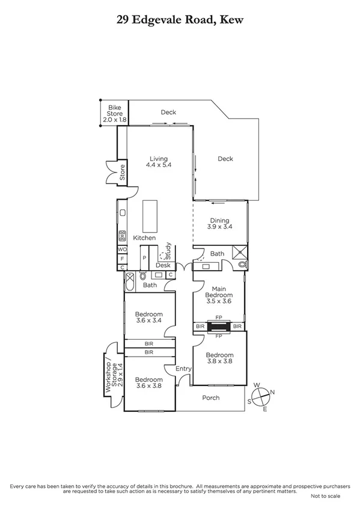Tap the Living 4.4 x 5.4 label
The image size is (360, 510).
[159, 162]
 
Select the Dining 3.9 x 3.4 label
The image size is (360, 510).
[219, 224]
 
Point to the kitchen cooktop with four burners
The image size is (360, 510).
[122, 235]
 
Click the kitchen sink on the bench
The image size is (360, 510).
[122, 212]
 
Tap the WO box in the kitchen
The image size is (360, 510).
[122, 248]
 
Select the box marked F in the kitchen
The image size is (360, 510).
[122, 258]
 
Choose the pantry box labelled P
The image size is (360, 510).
[144, 259]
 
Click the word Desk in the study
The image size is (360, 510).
[163, 265]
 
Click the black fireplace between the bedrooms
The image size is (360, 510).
[219, 326]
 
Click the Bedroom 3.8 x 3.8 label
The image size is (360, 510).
[219, 358]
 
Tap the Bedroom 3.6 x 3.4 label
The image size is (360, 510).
[148, 318]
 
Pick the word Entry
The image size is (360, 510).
[183, 369]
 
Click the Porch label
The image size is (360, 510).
[211, 398]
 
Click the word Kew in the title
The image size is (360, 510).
[230, 20]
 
